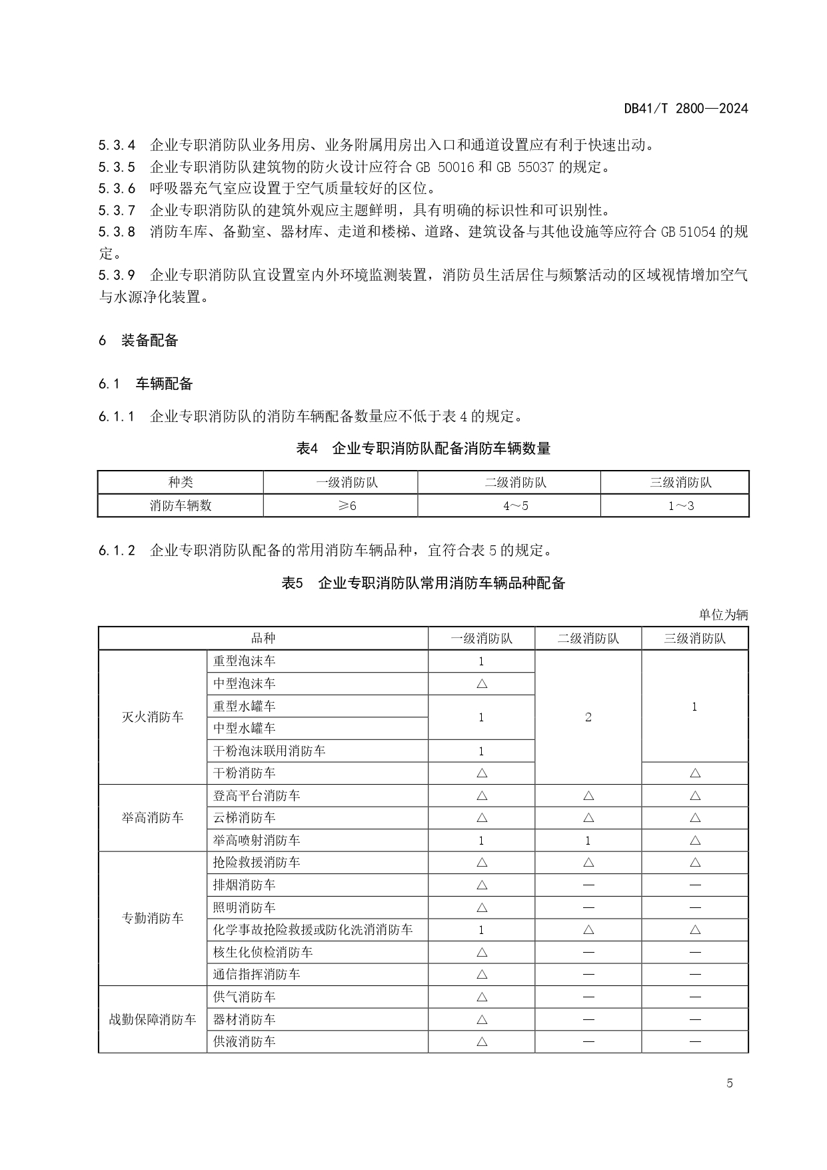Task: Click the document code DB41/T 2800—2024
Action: point(686,109)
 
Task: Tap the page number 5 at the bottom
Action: point(729,1083)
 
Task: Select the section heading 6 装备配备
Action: point(139,341)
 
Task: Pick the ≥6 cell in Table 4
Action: point(341,505)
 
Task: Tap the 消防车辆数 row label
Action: point(181,505)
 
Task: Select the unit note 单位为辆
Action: point(723,615)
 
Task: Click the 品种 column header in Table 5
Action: point(263,638)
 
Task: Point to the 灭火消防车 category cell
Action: point(153,717)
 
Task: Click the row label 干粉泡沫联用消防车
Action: point(269,751)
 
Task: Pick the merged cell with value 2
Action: point(588,717)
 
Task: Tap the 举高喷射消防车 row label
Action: point(257,841)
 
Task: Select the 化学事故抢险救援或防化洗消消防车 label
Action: point(313,930)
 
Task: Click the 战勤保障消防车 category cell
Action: point(153,1019)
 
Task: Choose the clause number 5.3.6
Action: point(117,189)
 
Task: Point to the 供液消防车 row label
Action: point(244,1041)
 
